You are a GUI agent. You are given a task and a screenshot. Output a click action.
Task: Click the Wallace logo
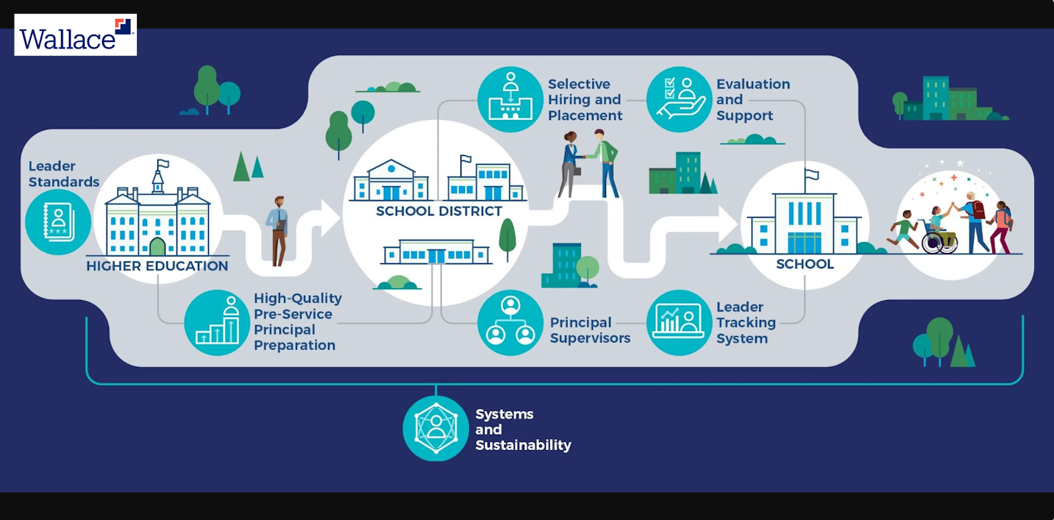[x=75, y=35]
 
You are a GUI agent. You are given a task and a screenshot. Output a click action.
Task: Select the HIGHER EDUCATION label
[x=157, y=266]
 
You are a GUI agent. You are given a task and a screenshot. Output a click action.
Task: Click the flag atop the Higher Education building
[x=162, y=164]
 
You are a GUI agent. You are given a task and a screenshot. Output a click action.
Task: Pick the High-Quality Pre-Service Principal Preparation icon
[x=217, y=322]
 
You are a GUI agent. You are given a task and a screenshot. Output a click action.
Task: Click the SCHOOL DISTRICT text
[x=439, y=212]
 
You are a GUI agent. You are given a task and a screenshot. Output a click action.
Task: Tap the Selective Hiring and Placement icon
[x=510, y=99]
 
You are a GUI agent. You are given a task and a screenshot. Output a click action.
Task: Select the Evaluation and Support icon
[x=679, y=99]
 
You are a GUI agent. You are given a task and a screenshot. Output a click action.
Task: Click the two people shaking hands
[x=588, y=163]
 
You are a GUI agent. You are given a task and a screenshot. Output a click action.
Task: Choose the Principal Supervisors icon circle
[x=510, y=322]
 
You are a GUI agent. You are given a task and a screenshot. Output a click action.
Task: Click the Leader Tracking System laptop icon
[x=679, y=322]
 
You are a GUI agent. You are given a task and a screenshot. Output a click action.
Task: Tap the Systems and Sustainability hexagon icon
[x=435, y=429]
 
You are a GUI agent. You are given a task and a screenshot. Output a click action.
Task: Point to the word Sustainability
[x=523, y=445]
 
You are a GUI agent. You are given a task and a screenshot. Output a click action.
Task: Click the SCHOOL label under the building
[x=805, y=264]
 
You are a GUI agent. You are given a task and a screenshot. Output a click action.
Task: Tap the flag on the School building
[x=812, y=175]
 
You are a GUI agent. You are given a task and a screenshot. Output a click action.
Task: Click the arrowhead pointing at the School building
[x=727, y=223]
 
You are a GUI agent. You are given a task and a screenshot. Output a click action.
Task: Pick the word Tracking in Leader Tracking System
[x=746, y=323]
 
